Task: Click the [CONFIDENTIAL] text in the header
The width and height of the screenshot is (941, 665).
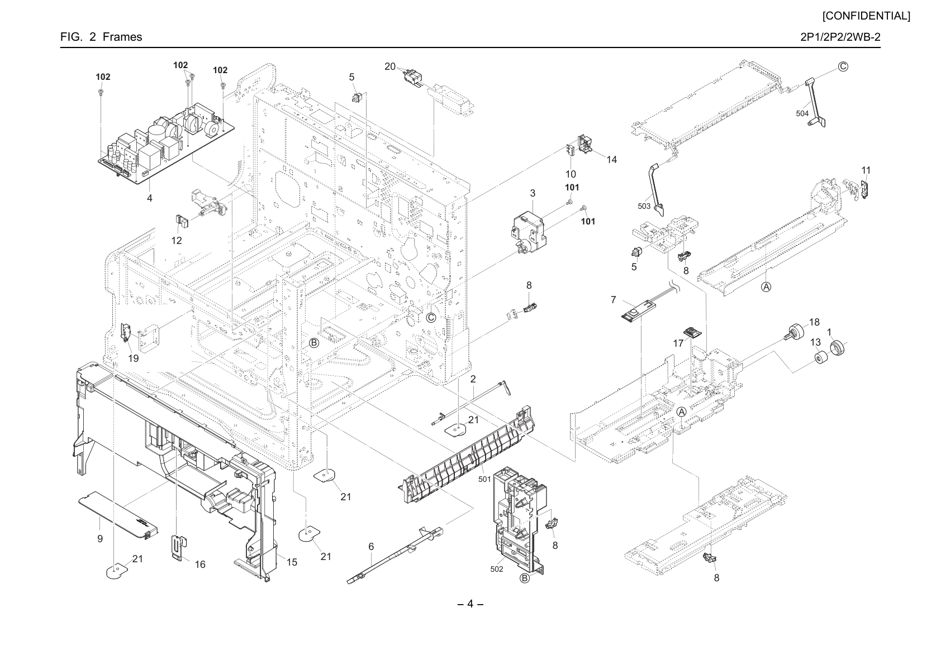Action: [x=866, y=16]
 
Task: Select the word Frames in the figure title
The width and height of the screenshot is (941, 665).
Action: [x=122, y=37]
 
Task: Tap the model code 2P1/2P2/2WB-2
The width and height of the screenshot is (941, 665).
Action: [x=840, y=37]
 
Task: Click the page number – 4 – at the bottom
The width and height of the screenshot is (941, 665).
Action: [x=470, y=604]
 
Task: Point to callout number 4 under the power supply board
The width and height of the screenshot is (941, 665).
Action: [x=150, y=198]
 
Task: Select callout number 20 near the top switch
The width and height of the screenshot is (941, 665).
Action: [x=390, y=66]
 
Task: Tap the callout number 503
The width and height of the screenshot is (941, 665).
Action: [x=644, y=206]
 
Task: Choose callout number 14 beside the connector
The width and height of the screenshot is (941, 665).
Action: [x=612, y=160]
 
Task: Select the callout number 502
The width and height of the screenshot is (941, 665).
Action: [x=497, y=570]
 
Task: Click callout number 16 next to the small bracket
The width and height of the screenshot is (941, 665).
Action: [x=200, y=564]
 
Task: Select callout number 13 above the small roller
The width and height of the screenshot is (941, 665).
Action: [x=815, y=342]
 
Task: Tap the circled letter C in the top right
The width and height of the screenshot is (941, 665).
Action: [x=843, y=67]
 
